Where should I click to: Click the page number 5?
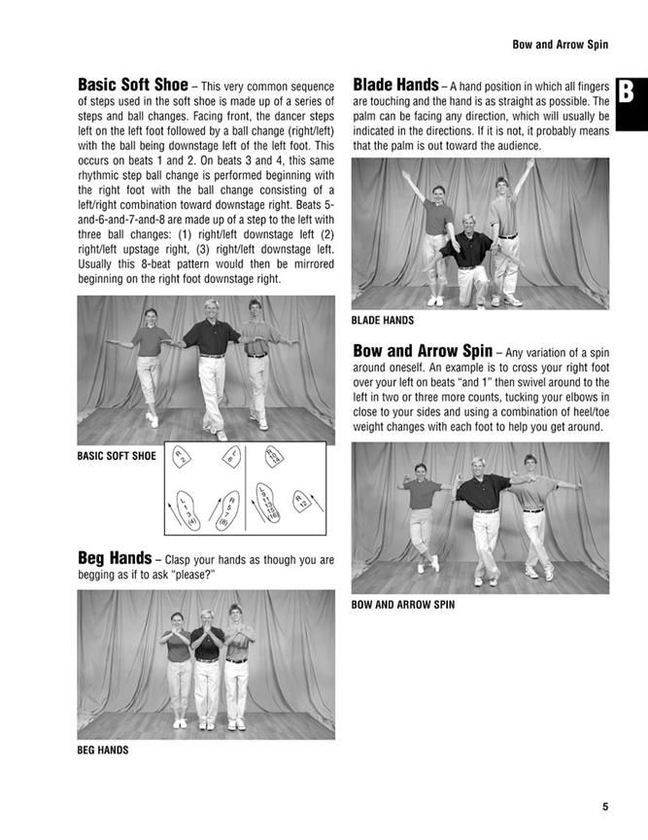pyautogui.click(x=604, y=806)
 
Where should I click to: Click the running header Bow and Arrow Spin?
pyautogui.click(x=560, y=45)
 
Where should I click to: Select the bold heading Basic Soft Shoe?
pyautogui.click(x=133, y=85)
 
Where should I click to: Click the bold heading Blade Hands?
pyautogui.click(x=394, y=85)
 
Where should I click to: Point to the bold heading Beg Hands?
pyautogui.click(x=115, y=558)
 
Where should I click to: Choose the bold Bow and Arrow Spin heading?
pyautogui.click(x=423, y=351)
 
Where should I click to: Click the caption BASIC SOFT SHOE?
pyautogui.click(x=117, y=455)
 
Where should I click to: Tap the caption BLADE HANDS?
pyautogui.click(x=383, y=320)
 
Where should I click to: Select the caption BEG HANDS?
pyautogui.click(x=103, y=750)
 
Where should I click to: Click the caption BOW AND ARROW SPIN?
pyautogui.click(x=403, y=605)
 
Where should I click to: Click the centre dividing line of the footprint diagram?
pyautogui.click(x=245, y=488)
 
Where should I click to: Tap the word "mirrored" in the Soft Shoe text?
pyautogui.click(x=306, y=263)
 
